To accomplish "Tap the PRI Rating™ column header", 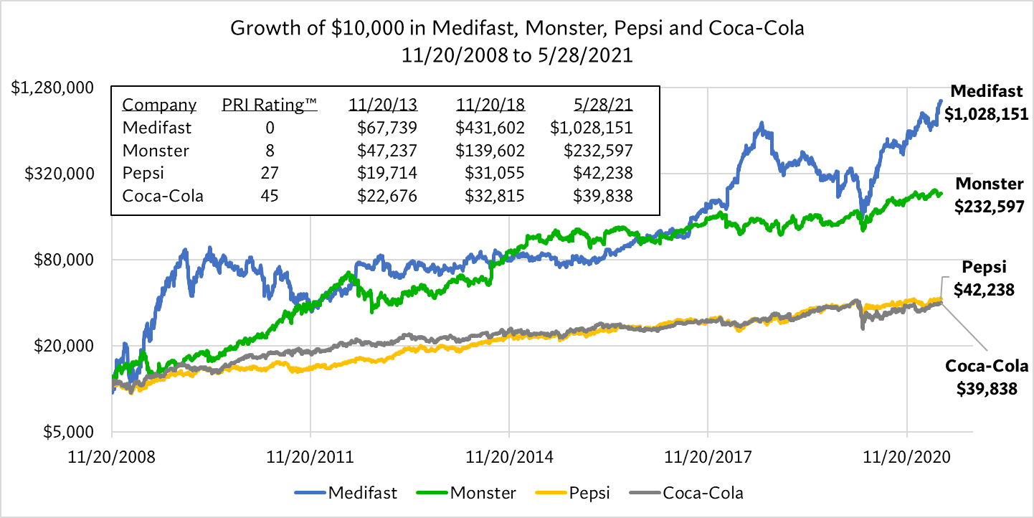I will tap(270, 105).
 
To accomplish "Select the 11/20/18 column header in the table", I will tap(490, 105).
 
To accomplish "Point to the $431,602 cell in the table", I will tap(491, 128).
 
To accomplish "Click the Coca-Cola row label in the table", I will tap(163, 196).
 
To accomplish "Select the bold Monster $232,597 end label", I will tap(989, 195).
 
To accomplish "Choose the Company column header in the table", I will tap(158, 105).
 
